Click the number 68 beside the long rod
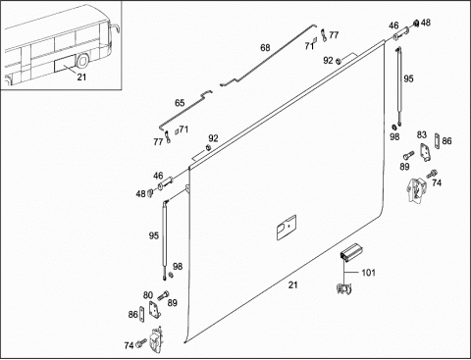pos(265,48)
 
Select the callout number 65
pos(180,103)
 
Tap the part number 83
pos(422,134)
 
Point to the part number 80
pos(148,295)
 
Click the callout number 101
pos(368,273)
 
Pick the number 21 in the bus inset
pos(81,77)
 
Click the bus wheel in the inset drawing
pos(82,60)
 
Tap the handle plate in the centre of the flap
pos(287,228)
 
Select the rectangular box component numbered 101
pos(350,252)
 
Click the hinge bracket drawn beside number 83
pos(425,152)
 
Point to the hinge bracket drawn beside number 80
pos(154,309)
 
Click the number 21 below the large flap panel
pos(293,285)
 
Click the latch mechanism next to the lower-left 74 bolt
pos(155,339)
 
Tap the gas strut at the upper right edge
pos(399,85)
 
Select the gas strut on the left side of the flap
pos(165,239)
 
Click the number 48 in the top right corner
pos(426,23)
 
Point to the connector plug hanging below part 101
pos(343,289)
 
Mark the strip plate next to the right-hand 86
pos(437,141)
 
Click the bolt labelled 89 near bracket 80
pos(163,296)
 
